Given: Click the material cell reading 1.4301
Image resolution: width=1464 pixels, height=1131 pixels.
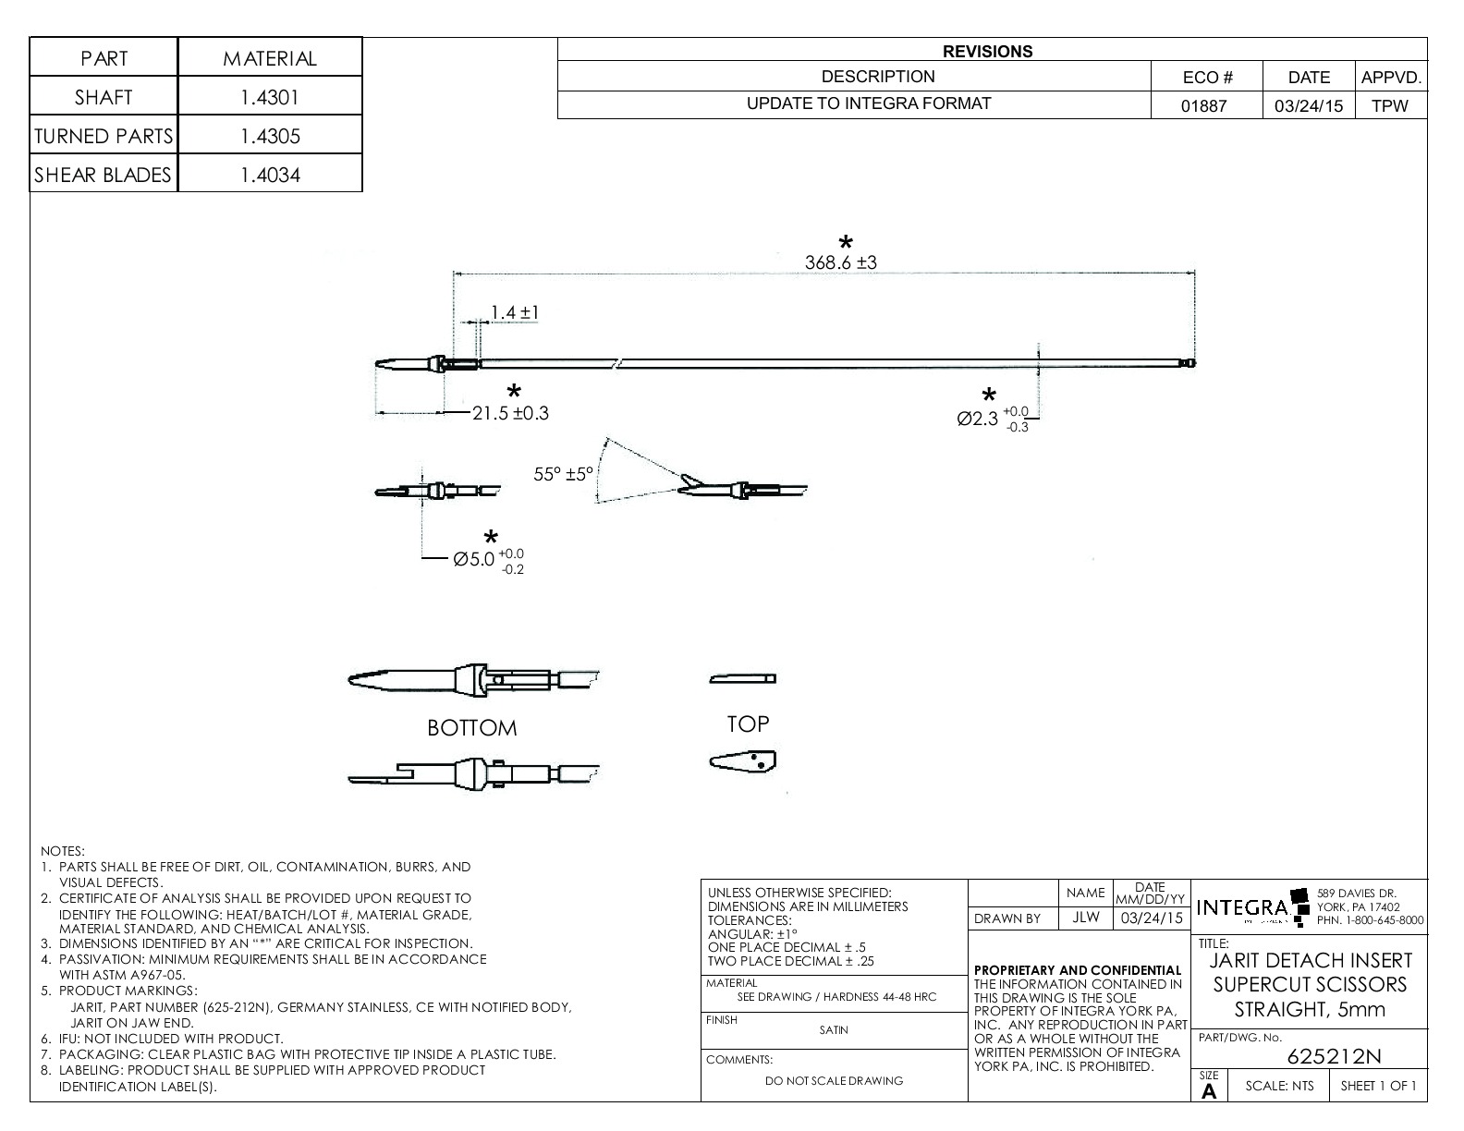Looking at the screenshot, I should pyautogui.click(x=270, y=97).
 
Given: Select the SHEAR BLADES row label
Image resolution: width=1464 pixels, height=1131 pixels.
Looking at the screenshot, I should pyautogui.click(x=104, y=175).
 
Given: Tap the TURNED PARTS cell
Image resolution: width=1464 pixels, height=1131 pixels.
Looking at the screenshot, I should pyautogui.click(x=104, y=136).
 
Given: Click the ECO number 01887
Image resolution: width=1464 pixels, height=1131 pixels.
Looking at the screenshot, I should pyautogui.click(x=1205, y=105).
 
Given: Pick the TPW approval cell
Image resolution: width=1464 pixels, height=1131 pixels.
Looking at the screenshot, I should pyautogui.click(x=1390, y=105).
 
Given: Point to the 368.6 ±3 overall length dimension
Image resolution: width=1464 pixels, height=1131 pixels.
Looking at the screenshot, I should pyautogui.click(x=840, y=262).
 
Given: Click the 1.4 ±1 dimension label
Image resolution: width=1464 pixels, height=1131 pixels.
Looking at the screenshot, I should pyautogui.click(x=515, y=313).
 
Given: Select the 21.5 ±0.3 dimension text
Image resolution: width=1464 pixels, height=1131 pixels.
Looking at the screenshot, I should pyautogui.click(x=510, y=413).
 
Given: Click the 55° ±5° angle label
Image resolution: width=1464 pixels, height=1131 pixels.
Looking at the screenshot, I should pyautogui.click(x=563, y=474).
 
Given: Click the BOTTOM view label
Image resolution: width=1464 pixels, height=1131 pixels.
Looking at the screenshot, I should pyautogui.click(x=471, y=728).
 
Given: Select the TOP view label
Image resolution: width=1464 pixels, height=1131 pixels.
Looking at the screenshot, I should pyautogui.click(x=748, y=724).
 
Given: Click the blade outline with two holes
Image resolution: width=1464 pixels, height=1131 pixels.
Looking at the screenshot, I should pyautogui.click(x=743, y=761).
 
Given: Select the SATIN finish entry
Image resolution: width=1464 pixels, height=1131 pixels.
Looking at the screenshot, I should pyautogui.click(x=833, y=1029).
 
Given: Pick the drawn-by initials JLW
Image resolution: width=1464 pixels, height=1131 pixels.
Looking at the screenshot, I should pyautogui.click(x=1085, y=918).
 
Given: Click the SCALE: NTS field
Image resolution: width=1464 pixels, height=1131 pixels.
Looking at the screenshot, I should pyautogui.click(x=1279, y=1086).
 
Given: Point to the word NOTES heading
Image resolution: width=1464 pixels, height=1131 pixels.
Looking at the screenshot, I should pyautogui.click(x=63, y=850).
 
